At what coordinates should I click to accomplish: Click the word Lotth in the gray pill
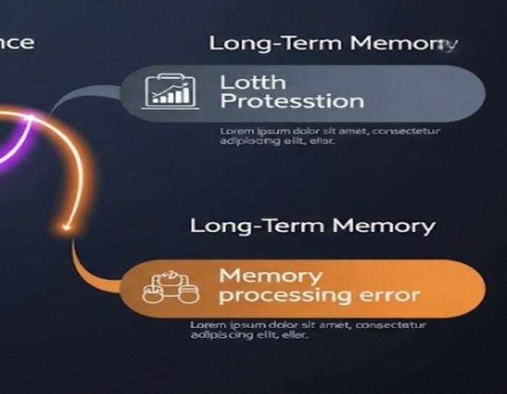tap(253, 82)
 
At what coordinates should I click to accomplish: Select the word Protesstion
tap(291, 101)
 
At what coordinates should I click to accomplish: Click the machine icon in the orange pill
tap(170, 287)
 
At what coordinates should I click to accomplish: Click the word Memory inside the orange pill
tap(270, 275)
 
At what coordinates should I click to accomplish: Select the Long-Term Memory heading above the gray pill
tap(333, 43)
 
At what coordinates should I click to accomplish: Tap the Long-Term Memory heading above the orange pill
tap(312, 226)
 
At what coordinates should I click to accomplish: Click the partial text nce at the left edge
tap(16, 41)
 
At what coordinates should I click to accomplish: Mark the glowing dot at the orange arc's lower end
tap(67, 228)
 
